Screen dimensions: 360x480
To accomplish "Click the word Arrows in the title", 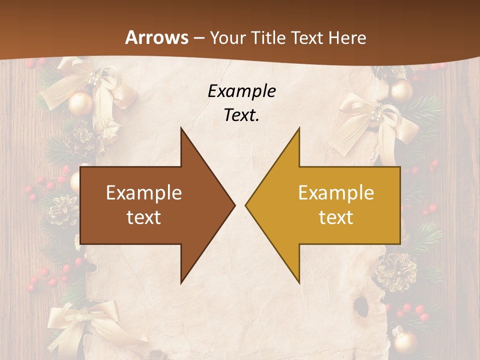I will coord(156,37).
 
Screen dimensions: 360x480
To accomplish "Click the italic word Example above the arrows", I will coord(242,91).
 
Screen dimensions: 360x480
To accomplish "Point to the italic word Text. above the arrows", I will coord(242,115).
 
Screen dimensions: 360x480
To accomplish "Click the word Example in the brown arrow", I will coord(144,193).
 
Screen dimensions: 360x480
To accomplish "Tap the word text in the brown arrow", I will coord(144,217).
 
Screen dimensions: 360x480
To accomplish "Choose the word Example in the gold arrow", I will coord(336,193).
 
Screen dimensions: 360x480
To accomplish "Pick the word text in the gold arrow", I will coord(336,217).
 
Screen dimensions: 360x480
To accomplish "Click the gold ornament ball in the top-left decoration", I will coord(80,103).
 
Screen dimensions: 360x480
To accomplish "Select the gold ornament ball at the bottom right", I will coord(405,341).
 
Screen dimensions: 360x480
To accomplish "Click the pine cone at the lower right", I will coord(396,270).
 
